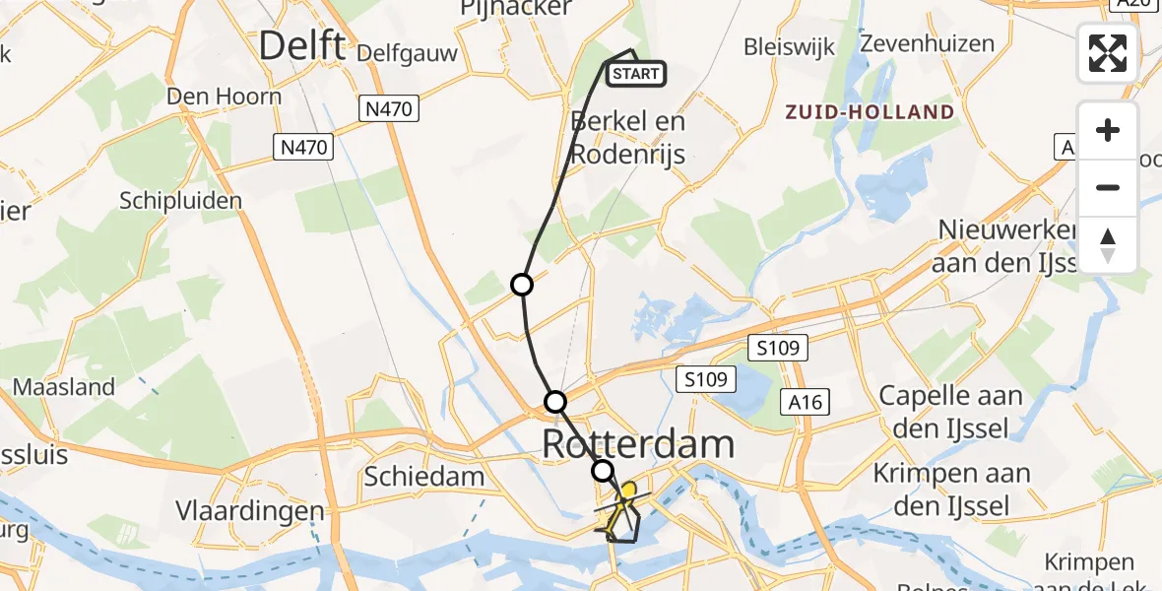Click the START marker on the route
coord(636,74)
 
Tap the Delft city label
coord(301,45)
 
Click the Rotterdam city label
coord(638,444)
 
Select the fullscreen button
coord(1108,53)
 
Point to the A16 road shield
coord(804,401)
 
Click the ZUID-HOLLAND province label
coord(870,111)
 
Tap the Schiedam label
coord(423,478)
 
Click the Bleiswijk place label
coord(790,46)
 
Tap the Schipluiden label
coord(180,201)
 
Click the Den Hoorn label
coord(224,97)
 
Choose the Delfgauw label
coord(409,53)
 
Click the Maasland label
coord(65,387)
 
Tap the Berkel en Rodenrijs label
coord(628,138)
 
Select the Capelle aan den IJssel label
coord(949,412)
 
